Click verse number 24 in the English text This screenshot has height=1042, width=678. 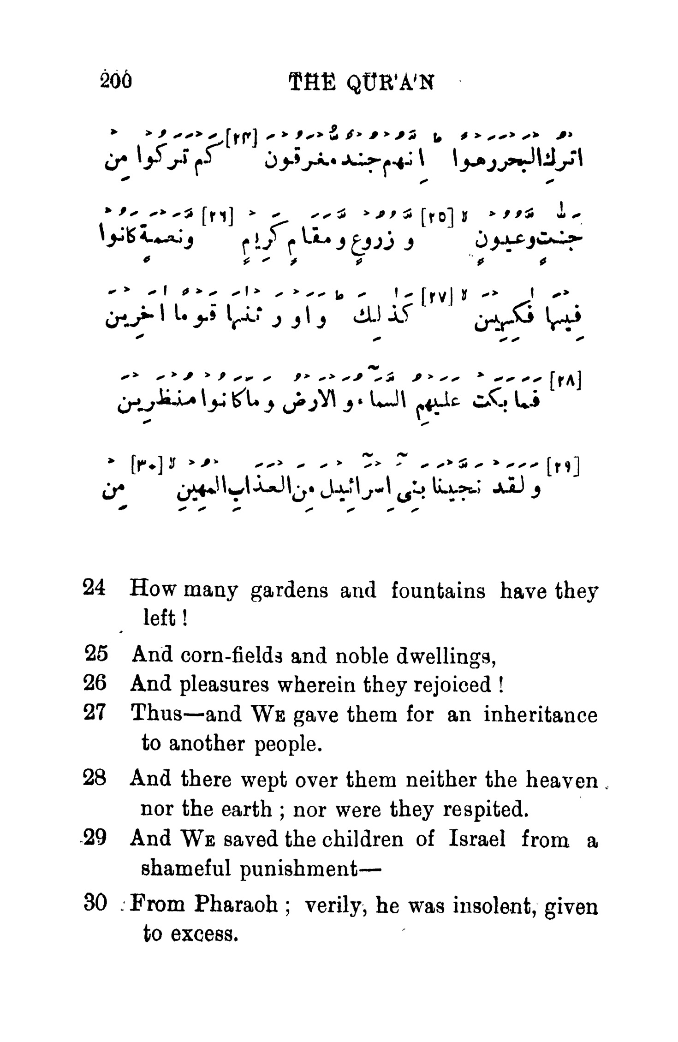click(95, 589)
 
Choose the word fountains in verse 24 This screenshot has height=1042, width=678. click(438, 590)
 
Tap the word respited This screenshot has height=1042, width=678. click(484, 809)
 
